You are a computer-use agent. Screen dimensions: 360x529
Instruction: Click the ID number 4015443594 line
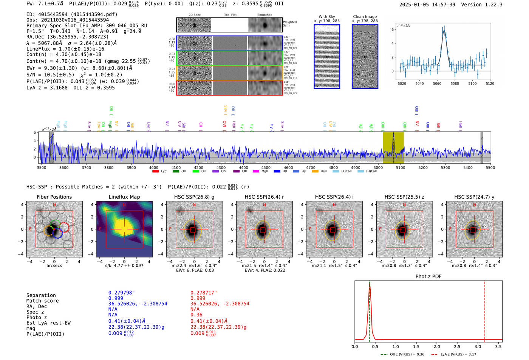tap(72, 14)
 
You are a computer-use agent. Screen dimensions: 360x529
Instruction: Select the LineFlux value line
tap(65, 49)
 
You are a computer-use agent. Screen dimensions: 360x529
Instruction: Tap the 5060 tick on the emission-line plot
tap(437, 83)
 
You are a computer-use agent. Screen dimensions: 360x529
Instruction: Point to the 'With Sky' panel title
tap(327, 17)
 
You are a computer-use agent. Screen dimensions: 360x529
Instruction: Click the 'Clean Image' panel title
tap(365, 17)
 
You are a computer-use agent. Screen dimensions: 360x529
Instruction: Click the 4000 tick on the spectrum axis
tap(153, 167)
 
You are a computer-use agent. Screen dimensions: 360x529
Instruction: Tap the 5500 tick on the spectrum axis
tap(490, 167)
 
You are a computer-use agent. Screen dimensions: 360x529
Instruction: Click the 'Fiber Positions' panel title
tap(54, 197)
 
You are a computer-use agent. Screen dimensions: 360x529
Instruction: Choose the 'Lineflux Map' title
tap(124, 197)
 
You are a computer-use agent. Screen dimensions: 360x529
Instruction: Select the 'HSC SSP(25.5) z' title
tap(404, 197)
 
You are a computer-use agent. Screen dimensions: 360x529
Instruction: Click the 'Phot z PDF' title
tap(428, 277)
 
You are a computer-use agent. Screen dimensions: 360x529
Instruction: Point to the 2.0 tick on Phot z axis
tap(437, 346)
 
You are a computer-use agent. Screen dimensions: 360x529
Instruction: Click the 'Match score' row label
tap(42, 301)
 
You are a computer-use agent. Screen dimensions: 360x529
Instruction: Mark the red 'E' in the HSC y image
tap(450, 229)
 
